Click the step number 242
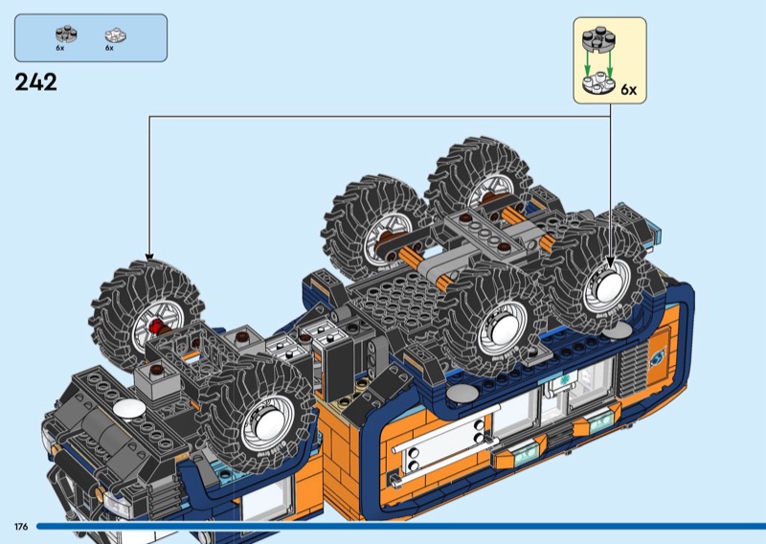[35, 82]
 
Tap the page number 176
[21, 527]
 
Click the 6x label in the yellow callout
[629, 90]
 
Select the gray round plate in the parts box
[66, 34]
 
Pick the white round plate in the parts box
[115, 35]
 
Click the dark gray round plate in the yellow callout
[598, 38]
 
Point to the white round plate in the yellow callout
[598, 83]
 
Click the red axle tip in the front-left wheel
[156, 326]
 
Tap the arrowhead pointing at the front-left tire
[149, 257]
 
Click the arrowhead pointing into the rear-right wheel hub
[610, 263]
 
